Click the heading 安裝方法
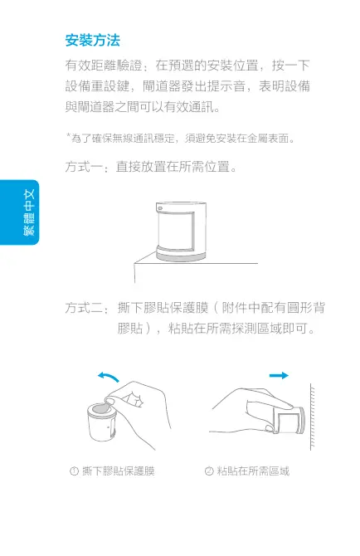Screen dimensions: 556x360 tap(92, 40)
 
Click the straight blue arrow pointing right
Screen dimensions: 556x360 tap(278, 376)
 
